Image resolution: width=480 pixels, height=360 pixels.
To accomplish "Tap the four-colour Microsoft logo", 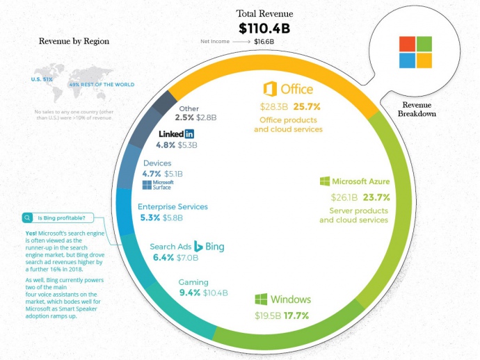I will point(415,52).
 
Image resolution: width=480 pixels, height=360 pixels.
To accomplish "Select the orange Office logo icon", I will point(271,90).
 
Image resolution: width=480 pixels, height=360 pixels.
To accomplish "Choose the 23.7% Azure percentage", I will point(374,197).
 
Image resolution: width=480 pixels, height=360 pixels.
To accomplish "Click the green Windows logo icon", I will point(262,300).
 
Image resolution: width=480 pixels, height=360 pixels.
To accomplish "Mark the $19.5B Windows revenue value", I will point(268,316).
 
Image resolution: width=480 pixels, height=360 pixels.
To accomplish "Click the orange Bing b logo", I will point(198,246).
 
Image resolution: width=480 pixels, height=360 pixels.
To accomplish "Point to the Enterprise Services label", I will point(173,206).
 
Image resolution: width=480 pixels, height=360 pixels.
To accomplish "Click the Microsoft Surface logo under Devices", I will point(157,184).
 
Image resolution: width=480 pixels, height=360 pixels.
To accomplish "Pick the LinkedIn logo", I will point(176,133).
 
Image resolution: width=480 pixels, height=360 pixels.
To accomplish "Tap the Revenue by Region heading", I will point(74,41).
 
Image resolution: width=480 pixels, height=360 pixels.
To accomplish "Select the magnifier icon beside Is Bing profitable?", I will point(26,217).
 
